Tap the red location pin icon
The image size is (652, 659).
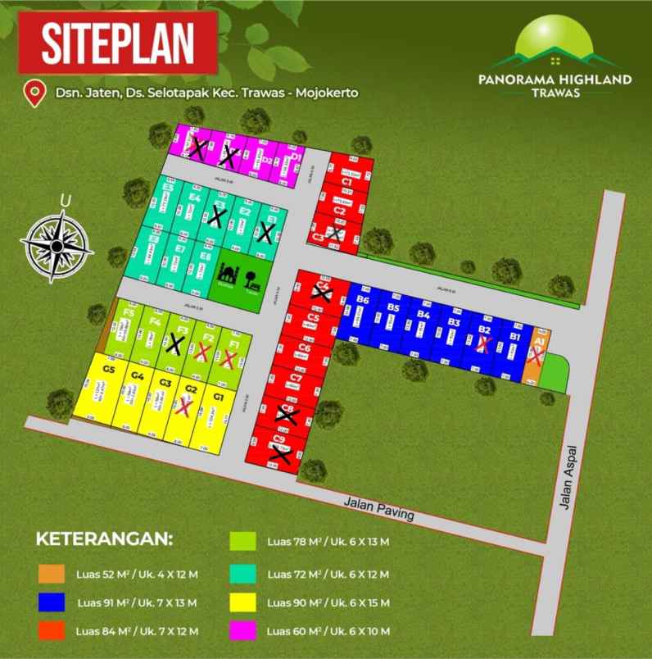tap(34, 93)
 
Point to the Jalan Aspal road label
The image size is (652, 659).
tap(572, 478)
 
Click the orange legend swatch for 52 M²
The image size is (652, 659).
tap(52, 573)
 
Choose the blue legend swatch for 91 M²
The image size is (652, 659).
tap(52, 602)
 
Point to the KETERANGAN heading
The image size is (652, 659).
tap(104, 540)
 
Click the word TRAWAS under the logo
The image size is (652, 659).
tap(555, 93)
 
